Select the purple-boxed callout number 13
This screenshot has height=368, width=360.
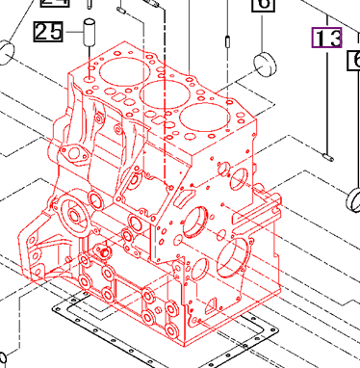325,39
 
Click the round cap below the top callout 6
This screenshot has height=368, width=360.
264,67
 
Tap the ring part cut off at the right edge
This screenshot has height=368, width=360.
352,200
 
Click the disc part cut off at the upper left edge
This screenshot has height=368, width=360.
5,50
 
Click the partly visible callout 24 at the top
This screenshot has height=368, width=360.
48,4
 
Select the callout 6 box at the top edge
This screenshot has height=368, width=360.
262,5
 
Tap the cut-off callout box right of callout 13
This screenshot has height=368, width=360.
353,61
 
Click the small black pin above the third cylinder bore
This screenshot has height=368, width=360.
224,41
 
